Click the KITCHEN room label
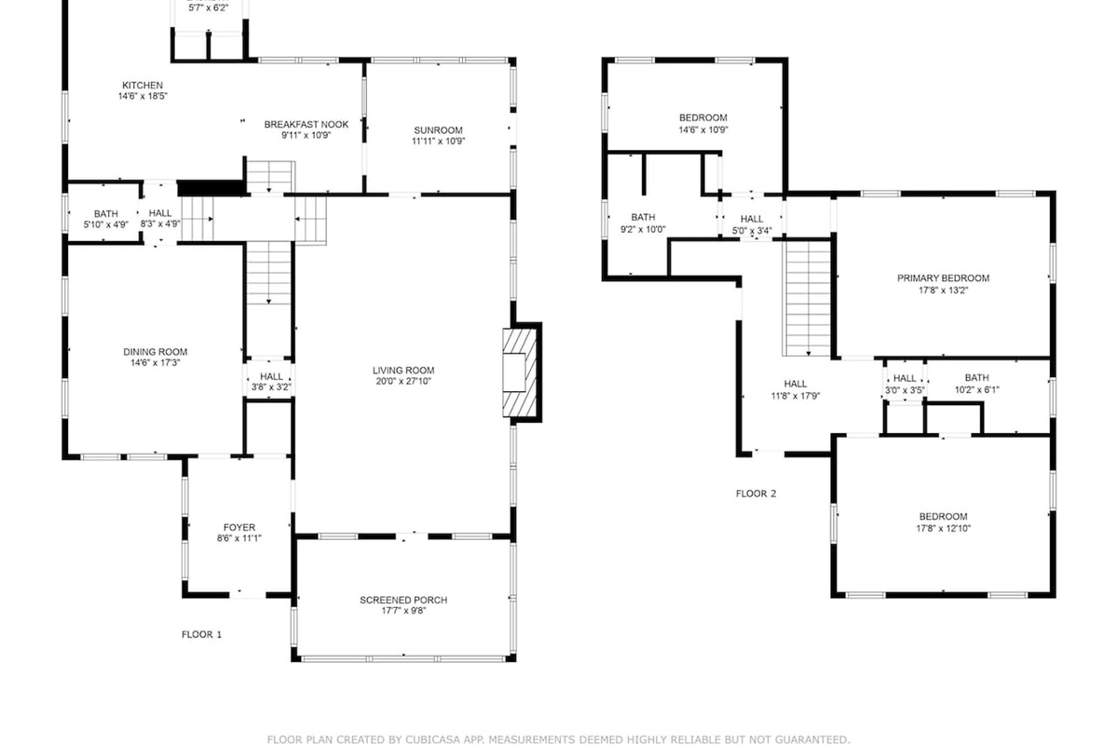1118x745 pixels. (143, 86)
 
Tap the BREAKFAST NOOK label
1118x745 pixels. (306, 124)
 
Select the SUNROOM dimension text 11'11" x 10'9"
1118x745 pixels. (438, 142)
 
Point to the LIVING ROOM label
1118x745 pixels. (403, 371)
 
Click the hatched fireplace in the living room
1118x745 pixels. (519, 372)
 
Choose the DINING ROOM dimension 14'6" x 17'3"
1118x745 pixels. (156, 363)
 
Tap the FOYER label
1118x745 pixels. (239, 527)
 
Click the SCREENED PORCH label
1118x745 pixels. (403, 600)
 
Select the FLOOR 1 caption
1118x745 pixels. (201, 635)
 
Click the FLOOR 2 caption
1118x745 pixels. (757, 494)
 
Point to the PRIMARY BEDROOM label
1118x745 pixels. (943, 278)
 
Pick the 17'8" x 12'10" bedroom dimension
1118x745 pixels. (943, 528)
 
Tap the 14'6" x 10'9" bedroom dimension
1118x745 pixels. (703, 129)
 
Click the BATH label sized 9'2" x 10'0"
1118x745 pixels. (643, 217)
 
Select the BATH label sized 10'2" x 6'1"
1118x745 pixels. (976, 378)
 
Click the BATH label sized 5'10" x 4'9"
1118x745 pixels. (106, 213)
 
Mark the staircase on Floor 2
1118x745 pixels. (808, 298)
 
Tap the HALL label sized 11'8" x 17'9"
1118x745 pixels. (796, 384)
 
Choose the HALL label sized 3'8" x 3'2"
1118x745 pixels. (271, 376)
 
